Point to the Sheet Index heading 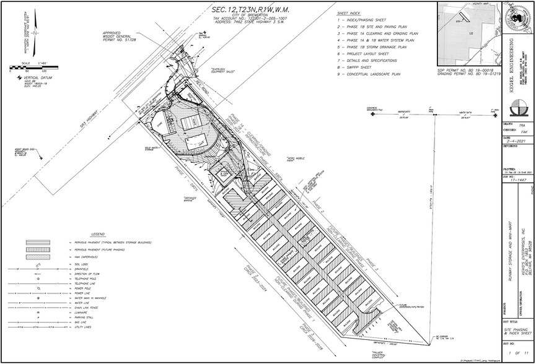click(348, 12)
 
